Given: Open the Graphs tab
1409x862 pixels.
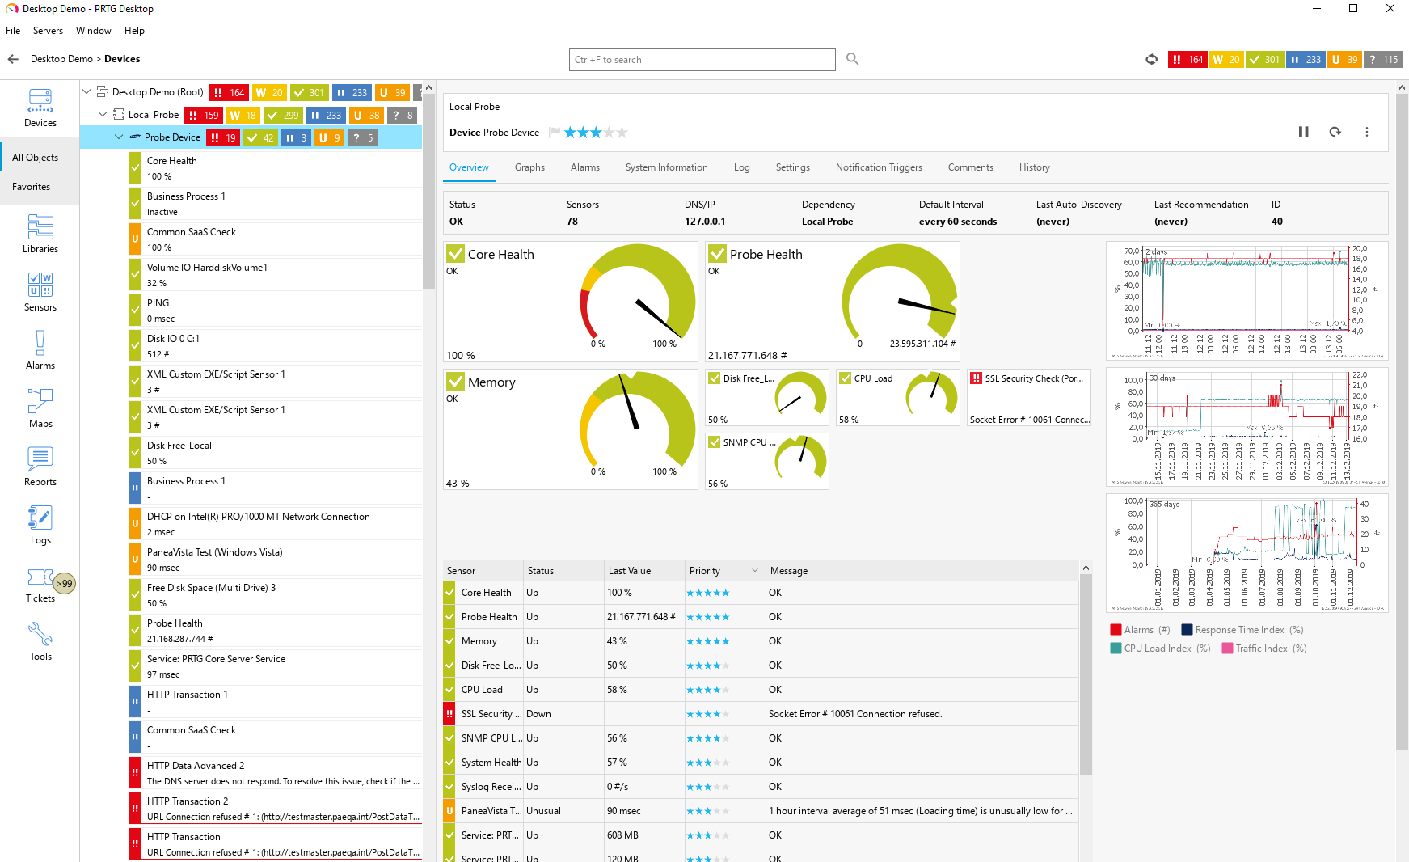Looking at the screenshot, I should (x=529, y=167).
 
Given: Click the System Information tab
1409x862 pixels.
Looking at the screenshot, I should (x=666, y=167).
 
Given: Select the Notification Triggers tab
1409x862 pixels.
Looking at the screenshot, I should (x=879, y=167).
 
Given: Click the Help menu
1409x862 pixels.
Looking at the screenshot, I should (x=134, y=31).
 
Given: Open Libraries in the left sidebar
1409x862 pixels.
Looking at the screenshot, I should (x=40, y=234).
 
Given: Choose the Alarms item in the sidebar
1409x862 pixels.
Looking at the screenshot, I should (x=40, y=350).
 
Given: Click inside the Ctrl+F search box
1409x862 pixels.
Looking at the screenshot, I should (x=702, y=60).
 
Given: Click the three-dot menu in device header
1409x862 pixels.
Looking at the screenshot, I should (x=1367, y=132).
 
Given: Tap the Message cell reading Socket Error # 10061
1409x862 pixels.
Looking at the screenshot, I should (x=854, y=714).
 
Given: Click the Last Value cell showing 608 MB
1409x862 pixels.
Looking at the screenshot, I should (x=622, y=835).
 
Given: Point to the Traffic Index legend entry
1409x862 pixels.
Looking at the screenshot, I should (x=1261, y=649).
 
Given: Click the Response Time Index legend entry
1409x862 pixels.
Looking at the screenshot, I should (x=1238, y=630).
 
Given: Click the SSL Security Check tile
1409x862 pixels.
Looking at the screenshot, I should (x=1029, y=397).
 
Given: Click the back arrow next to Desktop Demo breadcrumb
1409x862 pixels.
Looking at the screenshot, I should (x=13, y=59).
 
